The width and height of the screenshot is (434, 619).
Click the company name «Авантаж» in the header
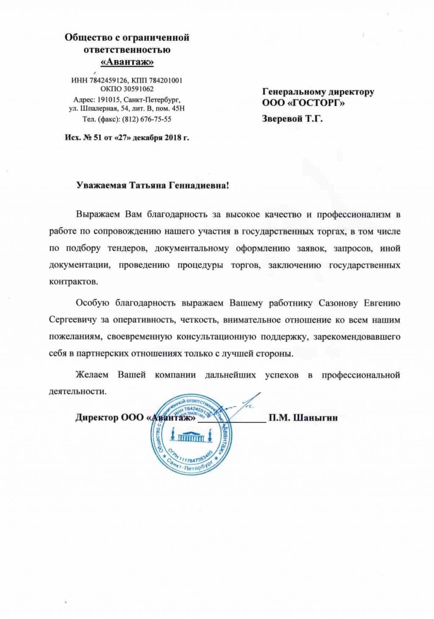coord(127,62)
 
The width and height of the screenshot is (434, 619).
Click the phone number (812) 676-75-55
coord(147,119)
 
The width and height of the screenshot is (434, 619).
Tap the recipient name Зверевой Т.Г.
coord(292,119)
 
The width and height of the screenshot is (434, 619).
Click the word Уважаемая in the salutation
coord(101,185)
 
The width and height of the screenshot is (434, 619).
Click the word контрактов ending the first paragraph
coord(73,282)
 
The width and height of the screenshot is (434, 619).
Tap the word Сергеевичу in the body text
coord(72,320)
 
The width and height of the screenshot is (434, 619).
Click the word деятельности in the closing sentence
coord(77,391)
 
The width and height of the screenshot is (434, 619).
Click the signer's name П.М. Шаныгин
coord(303,418)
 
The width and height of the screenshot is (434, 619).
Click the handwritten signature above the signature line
coord(242,407)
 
